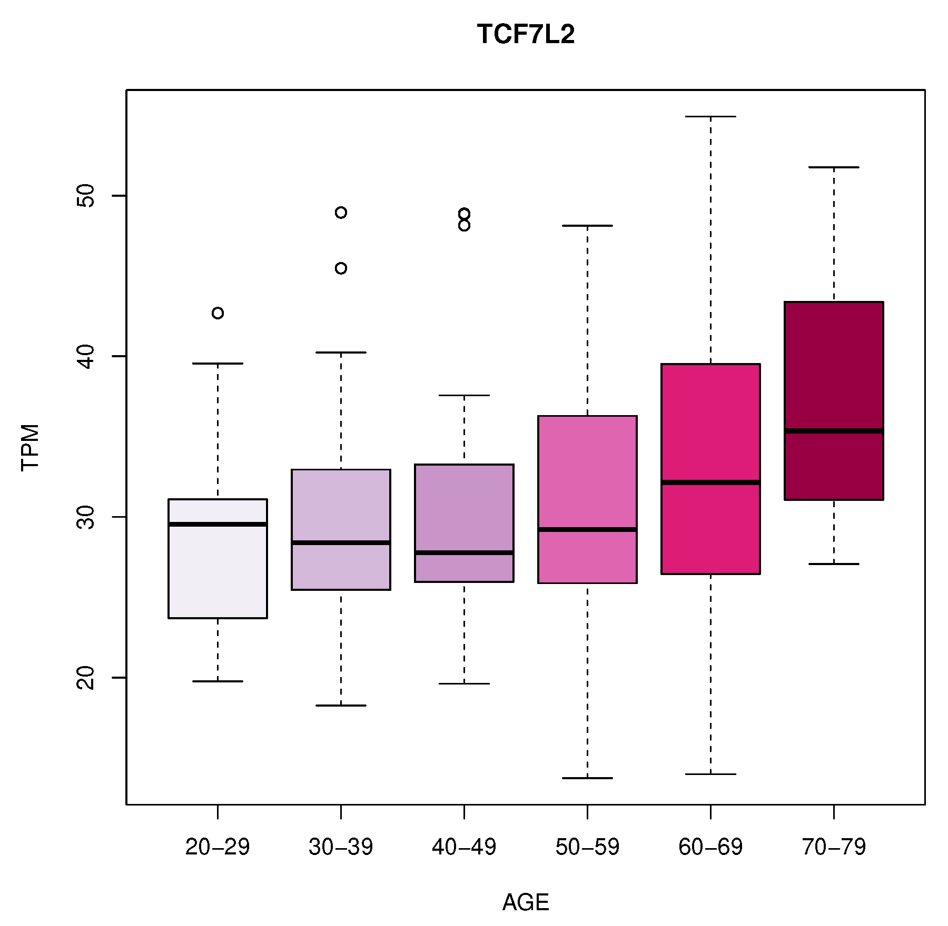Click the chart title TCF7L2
click(525, 35)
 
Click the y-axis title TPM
click(31, 447)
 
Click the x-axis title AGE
click(525, 902)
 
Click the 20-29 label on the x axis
click(218, 847)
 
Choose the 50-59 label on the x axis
click(587, 847)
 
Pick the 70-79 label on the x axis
click(834, 847)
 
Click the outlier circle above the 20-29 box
click(218, 313)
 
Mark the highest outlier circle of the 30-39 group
click(341, 213)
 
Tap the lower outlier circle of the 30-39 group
click(341, 268)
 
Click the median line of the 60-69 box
click(710, 482)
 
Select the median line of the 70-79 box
click(834, 431)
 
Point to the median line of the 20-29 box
click(218, 524)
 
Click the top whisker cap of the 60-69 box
click(710, 116)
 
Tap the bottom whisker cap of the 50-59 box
click(587, 778)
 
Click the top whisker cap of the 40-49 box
click(464, 395)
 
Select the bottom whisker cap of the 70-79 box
click(834, 563)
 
